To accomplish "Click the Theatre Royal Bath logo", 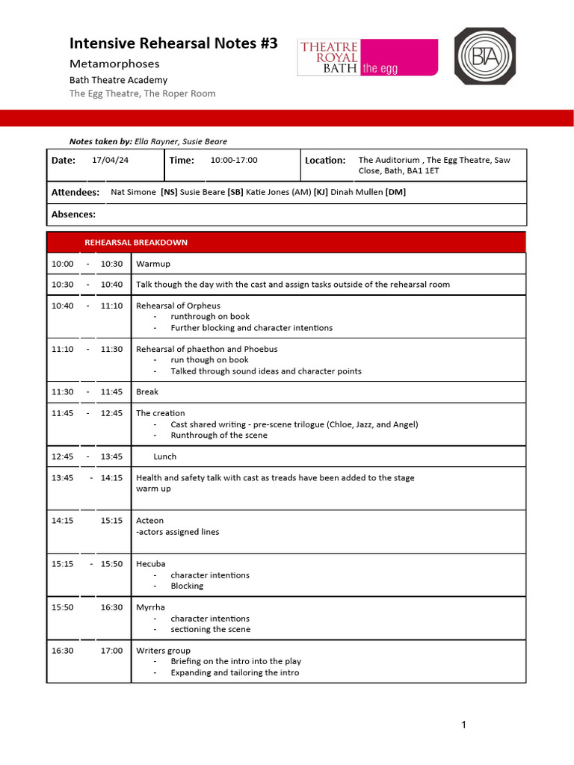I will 367,58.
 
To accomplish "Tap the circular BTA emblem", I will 485,56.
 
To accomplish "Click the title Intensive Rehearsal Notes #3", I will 173,43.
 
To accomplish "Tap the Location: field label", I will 325,161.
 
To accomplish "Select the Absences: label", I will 73,214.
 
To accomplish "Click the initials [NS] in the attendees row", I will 169,193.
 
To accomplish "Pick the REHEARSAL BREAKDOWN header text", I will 136,243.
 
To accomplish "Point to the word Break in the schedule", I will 147,391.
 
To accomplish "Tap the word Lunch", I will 165,456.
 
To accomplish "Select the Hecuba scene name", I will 151,564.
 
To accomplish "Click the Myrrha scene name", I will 150,607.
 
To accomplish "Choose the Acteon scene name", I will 149,521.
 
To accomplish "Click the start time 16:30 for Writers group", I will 63,651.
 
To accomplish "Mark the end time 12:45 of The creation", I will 111,413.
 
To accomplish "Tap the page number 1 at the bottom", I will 464,725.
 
